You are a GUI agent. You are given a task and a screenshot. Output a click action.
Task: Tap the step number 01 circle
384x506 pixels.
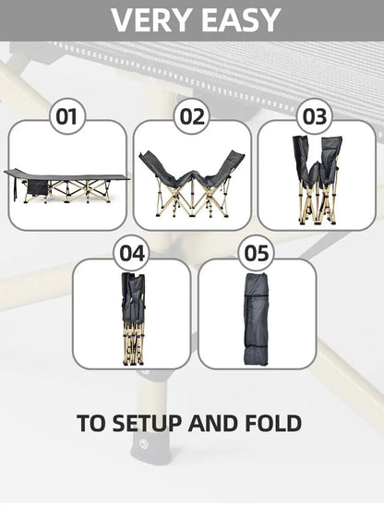(67, 116)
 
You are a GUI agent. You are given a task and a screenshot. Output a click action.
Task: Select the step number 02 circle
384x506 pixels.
(192, 116)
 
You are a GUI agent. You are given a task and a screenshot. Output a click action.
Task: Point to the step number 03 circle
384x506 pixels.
(315, 116)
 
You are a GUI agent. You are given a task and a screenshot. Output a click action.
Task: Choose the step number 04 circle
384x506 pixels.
(132, 253)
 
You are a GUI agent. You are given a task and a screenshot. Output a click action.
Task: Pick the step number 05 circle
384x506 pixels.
(257, 253)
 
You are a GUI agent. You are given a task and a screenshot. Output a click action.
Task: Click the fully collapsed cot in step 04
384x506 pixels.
(133, 318)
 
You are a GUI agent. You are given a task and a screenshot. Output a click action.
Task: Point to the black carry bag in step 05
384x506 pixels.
(257, 319)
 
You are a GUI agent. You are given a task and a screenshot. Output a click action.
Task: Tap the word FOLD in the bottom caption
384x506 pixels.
(273, 423)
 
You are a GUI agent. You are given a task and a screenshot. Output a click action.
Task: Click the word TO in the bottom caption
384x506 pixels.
(91, 423)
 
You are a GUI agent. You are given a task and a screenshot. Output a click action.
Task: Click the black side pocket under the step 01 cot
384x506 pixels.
(37, 187)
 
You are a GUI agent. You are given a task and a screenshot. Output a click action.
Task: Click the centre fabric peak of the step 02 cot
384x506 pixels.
(192, 173)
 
